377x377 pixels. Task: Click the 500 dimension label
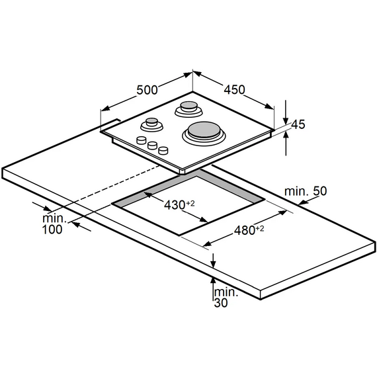pyautogui.click(x=147, y=90)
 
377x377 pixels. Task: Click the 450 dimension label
pyautogui.click(x=234, y=89)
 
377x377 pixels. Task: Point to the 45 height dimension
pyautogui.click(x=298, y=124)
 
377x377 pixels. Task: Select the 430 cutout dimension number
pyautogui.click(x=175, y=205)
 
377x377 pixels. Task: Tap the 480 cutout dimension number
pyautogui.click(x=245, y=230)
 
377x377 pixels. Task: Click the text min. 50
pyautogui.click(x=306, y=191)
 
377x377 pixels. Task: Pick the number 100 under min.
pyautogui.click(x=52, y=230)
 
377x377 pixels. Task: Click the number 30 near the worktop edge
pyautogui.click(x=221, y=303)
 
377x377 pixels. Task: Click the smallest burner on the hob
pyautogui.click(x=151, y=124)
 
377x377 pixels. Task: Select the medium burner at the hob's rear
pyautogui.click(x=189, y=108)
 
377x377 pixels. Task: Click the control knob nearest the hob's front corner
pyautogui.click(x=163, y=150)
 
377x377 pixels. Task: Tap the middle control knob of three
pyautogui.click(x=152, y=146)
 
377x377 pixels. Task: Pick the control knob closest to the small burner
pyautogui.click(x=141, y=140)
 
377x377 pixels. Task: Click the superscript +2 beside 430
pyautogui.click(x=190, y=203)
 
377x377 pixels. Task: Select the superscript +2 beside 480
pyautogui.click(x=260, y=228)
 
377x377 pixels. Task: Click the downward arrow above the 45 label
pyautogui.click(x=286, y=112)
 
